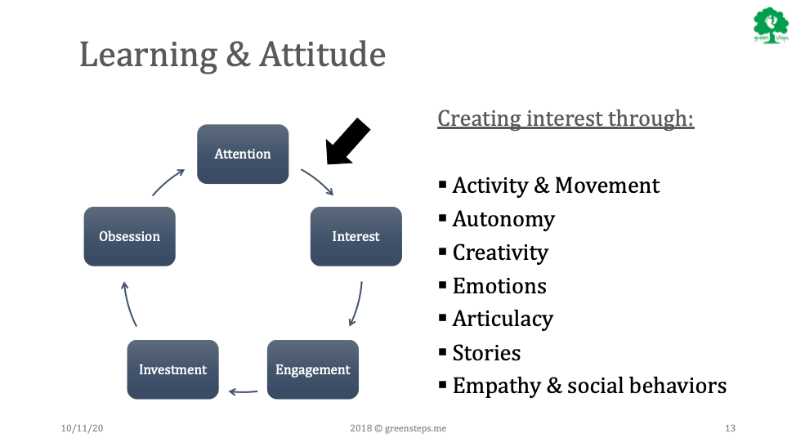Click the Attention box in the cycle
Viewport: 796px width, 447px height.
(x=243, y=154)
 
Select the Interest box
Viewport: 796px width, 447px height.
(x=356, y=236)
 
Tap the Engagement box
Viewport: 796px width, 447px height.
(x=313, y=369)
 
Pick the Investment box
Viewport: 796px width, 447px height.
(x=172, y=369)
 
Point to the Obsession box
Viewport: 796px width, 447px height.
(x=129, y=236)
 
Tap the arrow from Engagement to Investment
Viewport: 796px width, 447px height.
(x=244, y=391)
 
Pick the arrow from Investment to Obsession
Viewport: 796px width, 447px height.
(x=127, y=304)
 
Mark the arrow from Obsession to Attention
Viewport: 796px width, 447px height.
(x=168, y=181)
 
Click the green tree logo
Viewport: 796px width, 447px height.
(x=771, y=25)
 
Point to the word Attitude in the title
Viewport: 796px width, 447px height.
(x=322, y=54)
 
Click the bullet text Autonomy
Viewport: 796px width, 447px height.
(x=503, y=219)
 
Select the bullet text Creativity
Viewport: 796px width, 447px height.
(x=500, y=253)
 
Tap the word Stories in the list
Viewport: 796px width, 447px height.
(x=486, y=353)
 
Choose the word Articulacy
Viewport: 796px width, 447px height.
(x=503, y=320)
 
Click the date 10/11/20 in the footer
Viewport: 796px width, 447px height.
(x=82, y=428)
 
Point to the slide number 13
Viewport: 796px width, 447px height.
(x=730, y=428)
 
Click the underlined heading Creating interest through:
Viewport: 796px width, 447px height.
(x=566, y=118)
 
